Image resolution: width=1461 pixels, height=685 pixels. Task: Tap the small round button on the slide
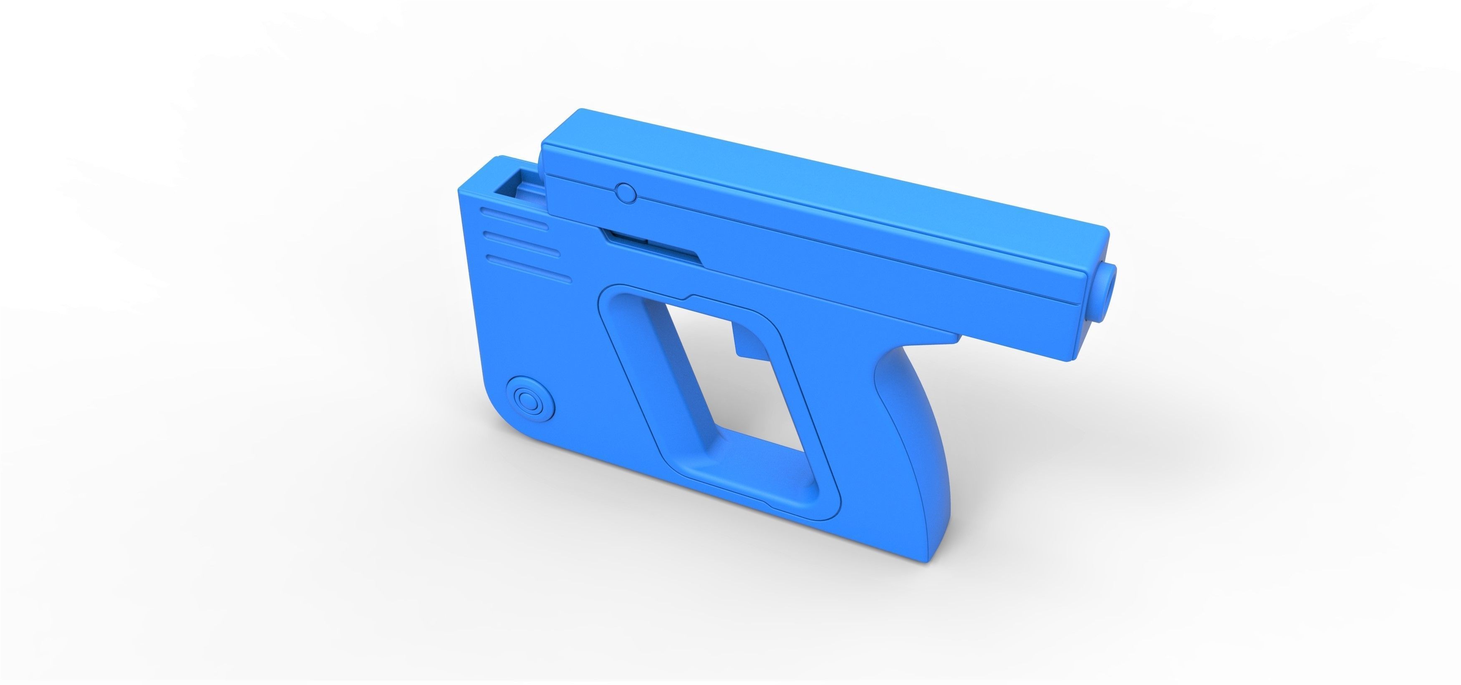point(626,193)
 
